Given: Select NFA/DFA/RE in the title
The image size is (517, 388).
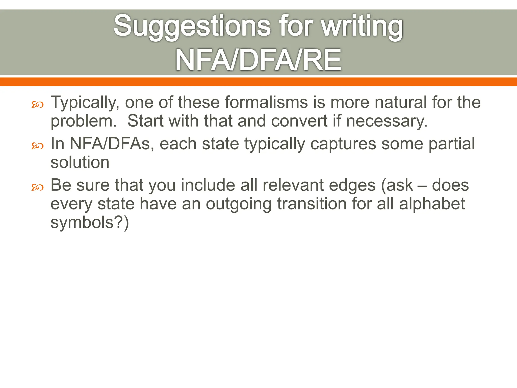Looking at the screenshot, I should (x=258, y=60).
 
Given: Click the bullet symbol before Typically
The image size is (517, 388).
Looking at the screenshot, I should (x=37, y=104).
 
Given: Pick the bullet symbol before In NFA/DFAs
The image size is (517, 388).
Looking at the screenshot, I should (x=37, y=146).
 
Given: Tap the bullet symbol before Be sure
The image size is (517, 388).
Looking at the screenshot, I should (x=37, y=187).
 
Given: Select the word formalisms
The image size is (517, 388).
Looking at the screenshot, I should (x=266, y=102).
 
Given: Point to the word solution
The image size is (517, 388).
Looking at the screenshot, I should (x=80, y=162).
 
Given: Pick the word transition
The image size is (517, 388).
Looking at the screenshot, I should (x=312, y=204).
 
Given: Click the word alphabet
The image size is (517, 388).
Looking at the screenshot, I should (x=432, y=204).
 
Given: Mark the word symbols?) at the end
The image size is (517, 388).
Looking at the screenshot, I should (x=90, y=223).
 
